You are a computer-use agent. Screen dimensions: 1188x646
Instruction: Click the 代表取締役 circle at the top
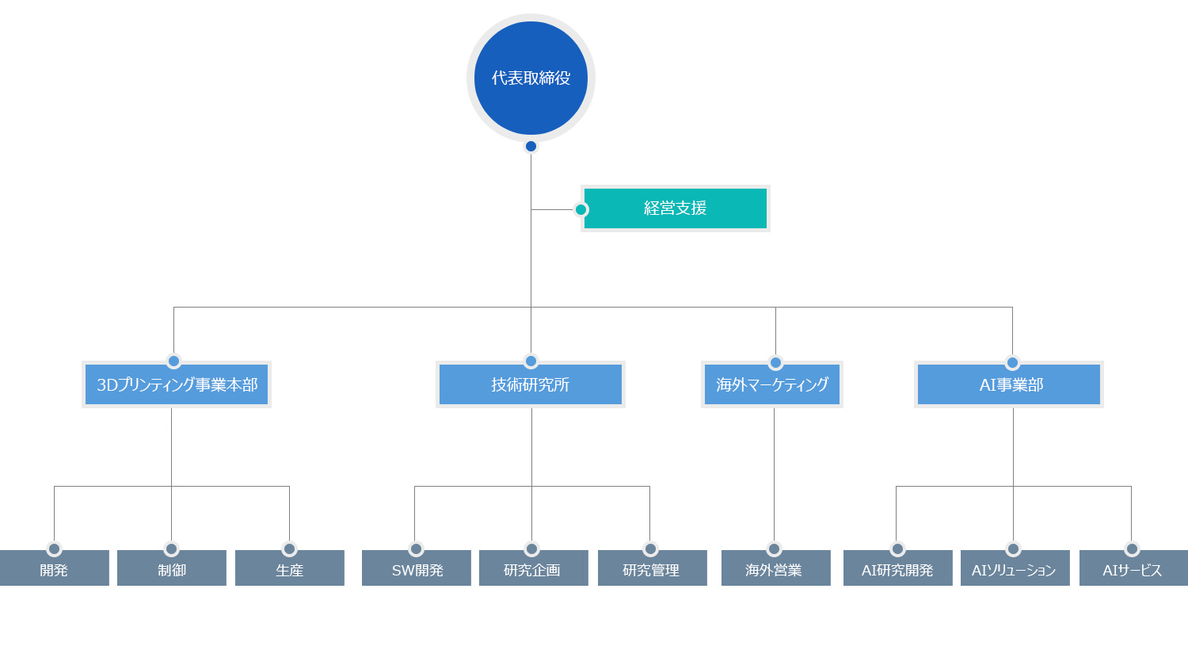[x=531, y=78]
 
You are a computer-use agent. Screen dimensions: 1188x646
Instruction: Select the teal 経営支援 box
[x=675, y=208]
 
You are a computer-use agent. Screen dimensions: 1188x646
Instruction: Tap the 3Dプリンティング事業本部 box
[x=177, y=384]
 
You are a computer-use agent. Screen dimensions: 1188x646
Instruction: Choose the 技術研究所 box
[x=531, y=384]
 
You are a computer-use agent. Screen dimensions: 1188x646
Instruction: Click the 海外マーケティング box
[x=772, y=384]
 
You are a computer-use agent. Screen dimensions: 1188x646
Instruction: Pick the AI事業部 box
[x=1009, y=384]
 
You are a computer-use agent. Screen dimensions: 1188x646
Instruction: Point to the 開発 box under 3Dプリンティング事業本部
[x=54, y=568]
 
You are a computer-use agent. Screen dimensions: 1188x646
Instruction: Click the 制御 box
[x=172, y=568]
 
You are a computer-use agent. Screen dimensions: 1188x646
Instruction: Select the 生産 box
[x=290, y=568]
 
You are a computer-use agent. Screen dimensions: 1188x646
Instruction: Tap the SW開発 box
[x=417, y=568]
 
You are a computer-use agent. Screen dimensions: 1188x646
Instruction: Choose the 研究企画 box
[x=534, y=568]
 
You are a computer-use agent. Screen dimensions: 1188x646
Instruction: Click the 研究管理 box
[x=653, y=568]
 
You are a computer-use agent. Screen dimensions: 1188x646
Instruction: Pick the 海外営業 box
[x=776, y=568]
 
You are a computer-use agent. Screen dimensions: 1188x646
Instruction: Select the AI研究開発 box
[x=898, y=568]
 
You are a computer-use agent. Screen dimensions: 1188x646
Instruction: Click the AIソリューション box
[x=1015, y=568]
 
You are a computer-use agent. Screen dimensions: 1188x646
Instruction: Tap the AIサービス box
[x=1133, y=568]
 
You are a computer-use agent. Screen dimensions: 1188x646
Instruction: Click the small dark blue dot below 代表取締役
[x=531, y=146]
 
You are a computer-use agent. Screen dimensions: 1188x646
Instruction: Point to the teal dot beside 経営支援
[x=581, y=210]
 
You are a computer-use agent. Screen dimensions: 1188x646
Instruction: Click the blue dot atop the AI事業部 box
[x=1012, y=363]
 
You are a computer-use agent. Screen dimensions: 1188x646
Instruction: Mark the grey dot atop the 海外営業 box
[x=774, y=549]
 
